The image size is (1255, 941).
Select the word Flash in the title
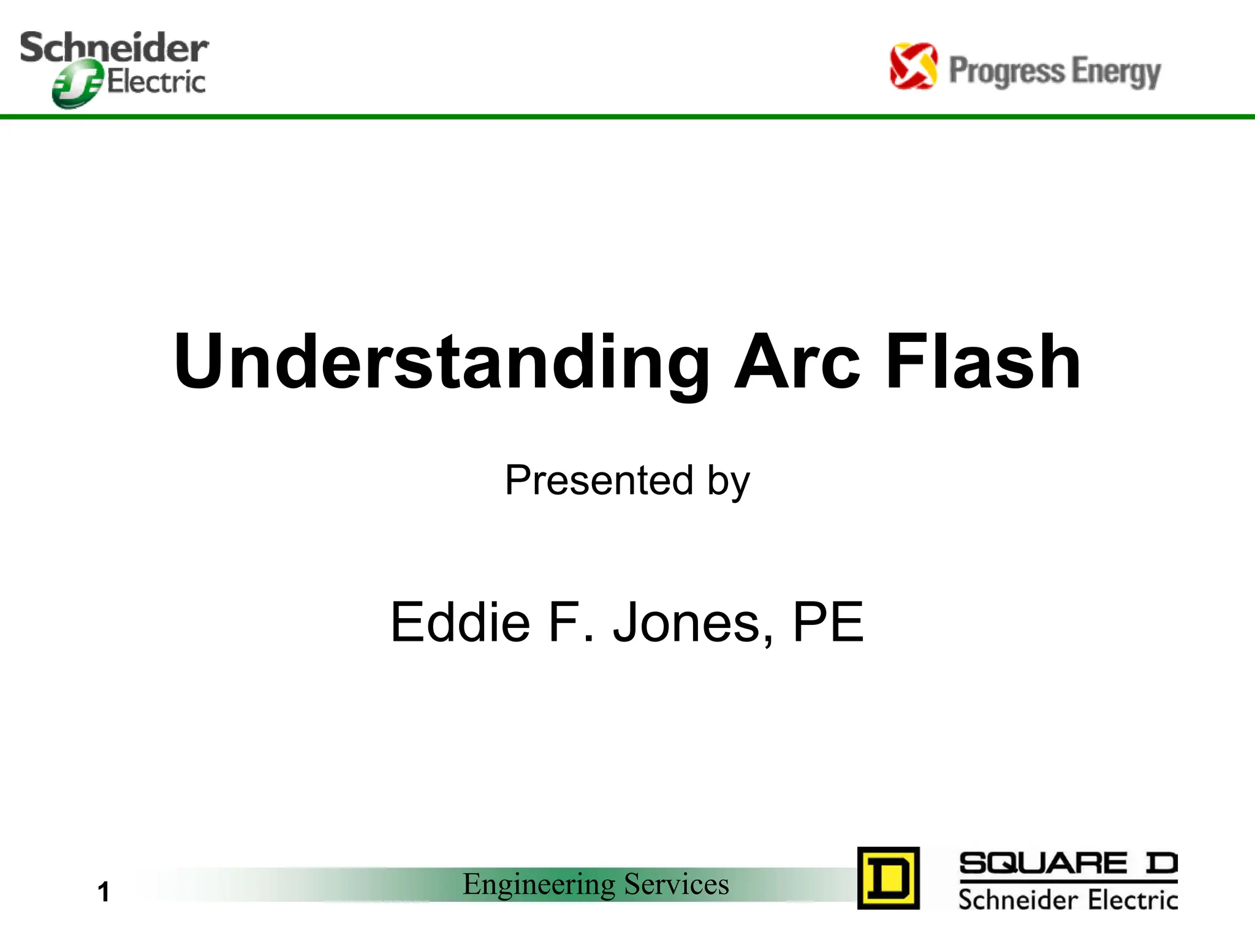(x=983, y=363)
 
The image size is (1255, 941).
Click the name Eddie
(x=460, y=622)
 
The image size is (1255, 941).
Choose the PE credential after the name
(x=828, y=622)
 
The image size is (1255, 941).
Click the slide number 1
(x=104, y=891)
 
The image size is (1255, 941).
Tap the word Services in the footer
(x=677, y=884)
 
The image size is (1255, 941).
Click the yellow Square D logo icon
(x=888, y=878)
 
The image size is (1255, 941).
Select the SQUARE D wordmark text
(x=1067, y=864)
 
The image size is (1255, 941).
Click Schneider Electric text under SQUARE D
(x=1067, y=900)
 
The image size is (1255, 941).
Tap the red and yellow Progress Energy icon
(x=913, y=66)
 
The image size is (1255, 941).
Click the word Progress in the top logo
(x=1006, y=71)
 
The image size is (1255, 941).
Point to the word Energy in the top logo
(x=1116, y=72)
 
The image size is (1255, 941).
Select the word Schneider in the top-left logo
(x=114, y=47)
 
